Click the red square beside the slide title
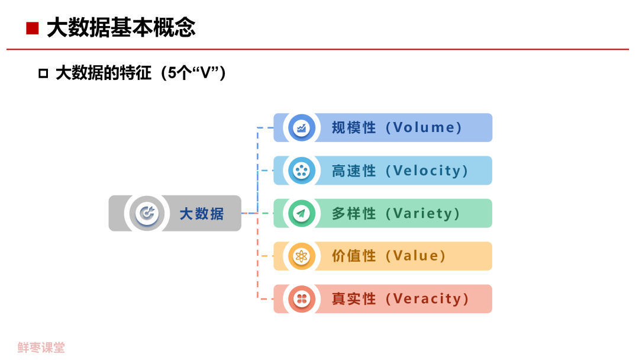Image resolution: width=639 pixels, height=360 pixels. (x=32, y=28)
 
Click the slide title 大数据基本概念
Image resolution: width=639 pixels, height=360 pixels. (x=121, y=28)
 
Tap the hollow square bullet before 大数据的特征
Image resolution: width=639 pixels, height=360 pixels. (x=43, y=73)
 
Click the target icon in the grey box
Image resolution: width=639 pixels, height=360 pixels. (x=147, y=213)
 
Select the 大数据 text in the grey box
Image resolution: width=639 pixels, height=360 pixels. (x=202, y=214)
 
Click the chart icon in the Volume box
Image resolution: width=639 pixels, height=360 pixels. (x=302, y=128)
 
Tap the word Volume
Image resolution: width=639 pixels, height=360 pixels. (x=424, y=128)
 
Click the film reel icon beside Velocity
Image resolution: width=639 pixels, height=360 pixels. (x=302, y=171)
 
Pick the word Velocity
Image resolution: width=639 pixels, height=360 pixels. (x=427, y=171)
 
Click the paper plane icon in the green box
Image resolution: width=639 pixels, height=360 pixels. (x=302, y=213)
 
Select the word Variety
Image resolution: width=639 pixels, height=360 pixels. (x=422, y=213)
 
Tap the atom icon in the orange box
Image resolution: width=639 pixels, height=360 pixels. (x=302, y=256)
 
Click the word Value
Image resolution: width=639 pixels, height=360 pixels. (x=416, y=256)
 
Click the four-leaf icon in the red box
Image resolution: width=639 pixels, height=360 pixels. (x=302, y=299)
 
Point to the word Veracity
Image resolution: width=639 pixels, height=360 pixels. (x=427, y=299)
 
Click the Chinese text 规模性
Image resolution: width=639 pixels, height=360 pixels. (x=354, y=128)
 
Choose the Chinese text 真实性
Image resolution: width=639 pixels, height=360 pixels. (x=354, y=299)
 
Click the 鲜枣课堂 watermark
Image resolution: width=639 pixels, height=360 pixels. (x=41, y=348)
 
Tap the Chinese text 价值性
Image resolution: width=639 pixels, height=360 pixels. (x=354, y=256)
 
